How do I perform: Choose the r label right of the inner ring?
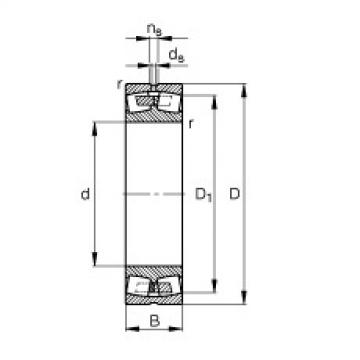(x=190, y=122)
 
